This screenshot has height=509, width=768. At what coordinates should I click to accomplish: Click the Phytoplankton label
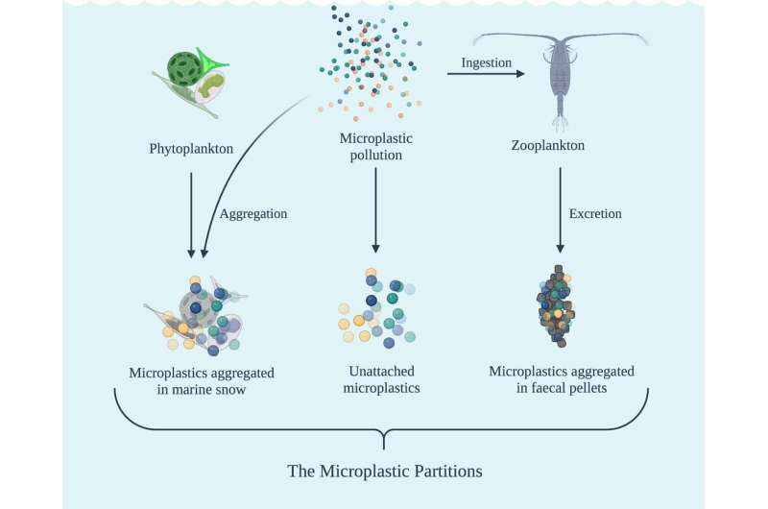pyautogui.click(x=191, y=149)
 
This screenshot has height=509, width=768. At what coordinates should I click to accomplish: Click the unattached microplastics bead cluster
pyautogui.click(x=375, y=307)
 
